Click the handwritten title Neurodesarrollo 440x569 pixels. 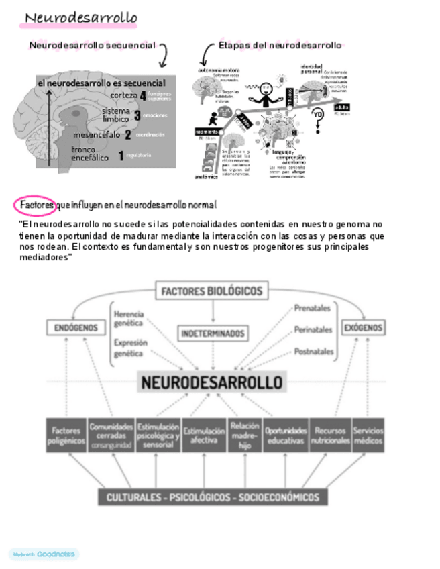pyautogui.click(x=80, y=17)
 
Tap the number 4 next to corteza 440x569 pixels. pyautogui.click(x=143, y=95)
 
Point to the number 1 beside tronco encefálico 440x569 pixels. pyautogui.click(x=121, y=156)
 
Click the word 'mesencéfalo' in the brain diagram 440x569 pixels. pyautogui.click(x=97, y=134)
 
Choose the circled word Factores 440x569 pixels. pyautogui.click(x=36, y=204)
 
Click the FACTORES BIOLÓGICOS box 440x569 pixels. pyautogui.click(x=212, y=291)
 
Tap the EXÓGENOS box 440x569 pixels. pyautogui.click(x=363, y=328)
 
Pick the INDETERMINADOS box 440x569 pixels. pyautogui.click(x=213, y=333)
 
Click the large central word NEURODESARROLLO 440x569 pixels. pyautogui.click(x=212, y=382)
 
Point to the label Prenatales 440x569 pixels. pyautogui.click(x=313, y=309)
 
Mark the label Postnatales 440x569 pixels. pyautogui.click(x=313, y=351)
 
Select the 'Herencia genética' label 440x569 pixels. pyautogui.click(x=129, y=318)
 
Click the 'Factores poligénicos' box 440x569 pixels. pyautogui.click(x=66, y=435)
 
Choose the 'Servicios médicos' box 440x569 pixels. pyautogui.click(x=368, y=435)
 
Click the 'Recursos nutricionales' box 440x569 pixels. pyautogui.click(x=330, y=435)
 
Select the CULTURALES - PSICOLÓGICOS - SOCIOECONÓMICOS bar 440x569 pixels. pyautogui.click(x=213, y=497)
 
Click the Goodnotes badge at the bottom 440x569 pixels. pyautogui.click(x=44, y=554)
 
